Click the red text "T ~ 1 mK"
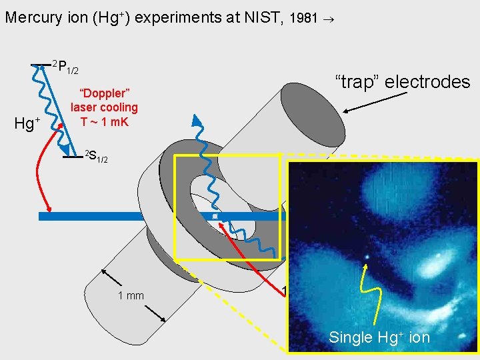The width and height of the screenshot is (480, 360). point(104,122)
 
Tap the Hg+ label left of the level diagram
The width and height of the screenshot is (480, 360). point(27,123)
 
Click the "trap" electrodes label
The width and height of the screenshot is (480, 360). point(402,82)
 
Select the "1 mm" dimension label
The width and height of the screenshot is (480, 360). point(131,295)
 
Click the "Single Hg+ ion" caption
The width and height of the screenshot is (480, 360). point(379,337)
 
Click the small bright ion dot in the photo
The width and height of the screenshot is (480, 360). point(365,256)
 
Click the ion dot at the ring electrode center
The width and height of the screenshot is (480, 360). point(215,217)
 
